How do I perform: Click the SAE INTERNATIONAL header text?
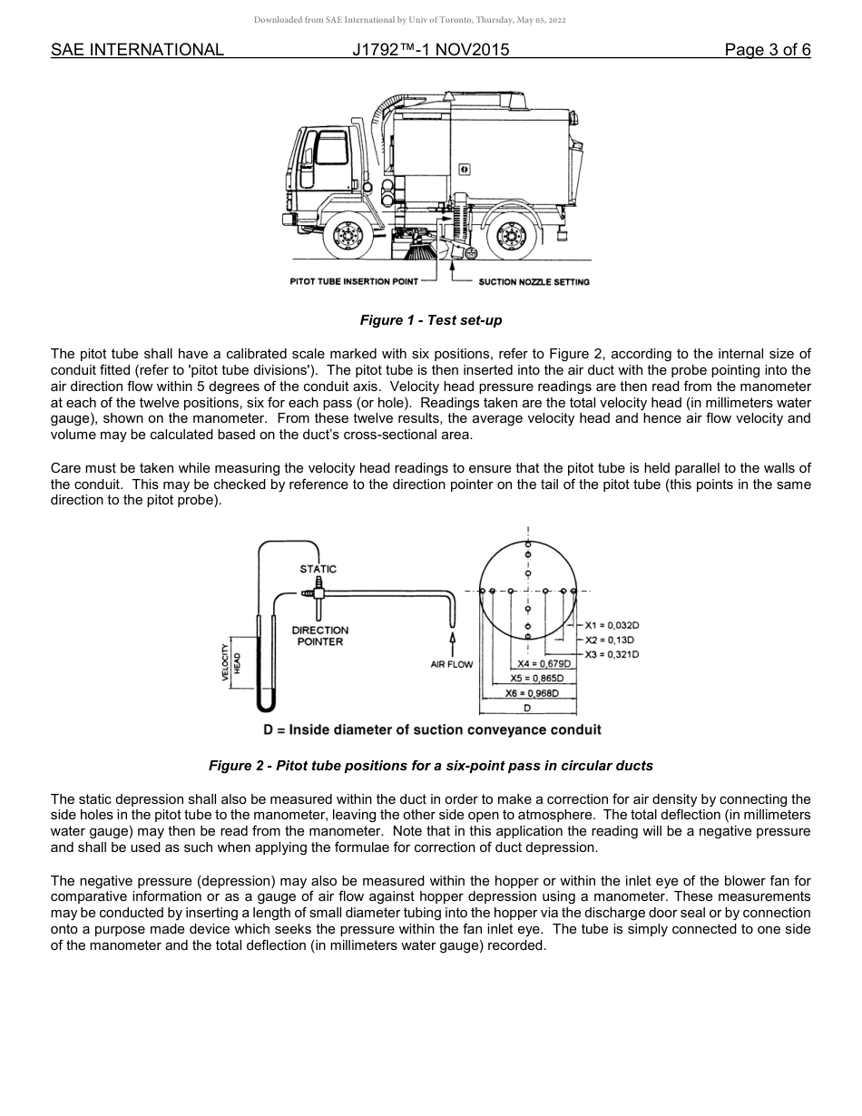click(x=137, y=50)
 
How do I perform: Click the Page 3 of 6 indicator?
click(x=767, y=50)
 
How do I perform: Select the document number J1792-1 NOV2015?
click(x=430, y=50)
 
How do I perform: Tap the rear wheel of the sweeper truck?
click(x=508, y=237)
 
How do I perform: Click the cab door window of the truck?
click(x=331, y=146)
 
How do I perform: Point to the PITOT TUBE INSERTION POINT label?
click(x=354, y=282)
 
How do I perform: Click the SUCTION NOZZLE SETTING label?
click(x=534, y=282)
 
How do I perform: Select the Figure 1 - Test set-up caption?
click(x=430, y=320)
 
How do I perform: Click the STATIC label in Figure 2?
click(x=318, y=569)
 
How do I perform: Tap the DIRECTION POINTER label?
click(x=319, y=636)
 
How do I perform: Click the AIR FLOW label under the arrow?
click(x=452, y=664)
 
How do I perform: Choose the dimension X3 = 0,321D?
click(x=612, y=654)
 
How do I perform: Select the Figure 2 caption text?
click(x=430, y=766)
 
